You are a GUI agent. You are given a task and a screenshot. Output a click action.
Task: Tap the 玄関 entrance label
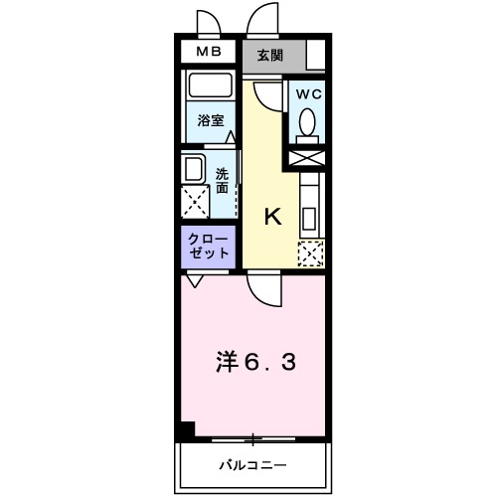pos(269,56)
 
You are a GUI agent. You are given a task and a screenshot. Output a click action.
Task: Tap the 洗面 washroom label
pos(222,179)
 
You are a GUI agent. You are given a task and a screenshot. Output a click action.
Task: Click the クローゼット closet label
pos(207,247)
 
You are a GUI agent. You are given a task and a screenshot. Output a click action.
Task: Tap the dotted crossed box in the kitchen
pos(311,253)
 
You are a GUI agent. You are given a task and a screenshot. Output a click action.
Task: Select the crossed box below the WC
pos(306,156)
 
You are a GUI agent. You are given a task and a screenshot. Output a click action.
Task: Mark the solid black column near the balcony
pos(186,431)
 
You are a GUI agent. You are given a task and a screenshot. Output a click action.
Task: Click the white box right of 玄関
pos(316,56)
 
